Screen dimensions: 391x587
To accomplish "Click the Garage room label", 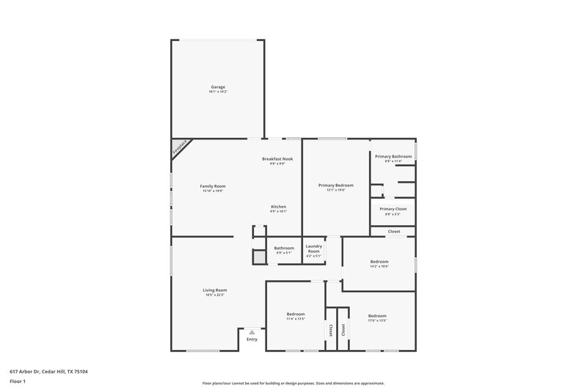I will point(218,87).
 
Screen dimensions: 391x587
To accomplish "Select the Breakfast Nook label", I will point(277,159).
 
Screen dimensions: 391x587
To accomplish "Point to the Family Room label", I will point(212,186).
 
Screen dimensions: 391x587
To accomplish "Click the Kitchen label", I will point(279,207).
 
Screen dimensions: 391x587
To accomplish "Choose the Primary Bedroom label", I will point(335,186).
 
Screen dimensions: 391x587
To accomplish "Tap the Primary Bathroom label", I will point(393,156).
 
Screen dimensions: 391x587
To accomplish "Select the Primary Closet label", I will point(393,209).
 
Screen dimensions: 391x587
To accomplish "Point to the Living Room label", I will point(215,290).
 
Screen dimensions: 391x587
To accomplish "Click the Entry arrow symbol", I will point(252,332).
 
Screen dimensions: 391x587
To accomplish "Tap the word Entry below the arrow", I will point(252,339).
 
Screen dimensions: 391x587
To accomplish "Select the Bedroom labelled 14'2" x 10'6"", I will point(379,262).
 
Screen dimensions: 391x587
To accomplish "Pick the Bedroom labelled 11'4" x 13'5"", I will point(296,315).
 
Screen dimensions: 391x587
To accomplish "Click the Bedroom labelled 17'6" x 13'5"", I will point(377,316).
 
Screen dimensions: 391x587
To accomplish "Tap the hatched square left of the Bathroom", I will point(258,257).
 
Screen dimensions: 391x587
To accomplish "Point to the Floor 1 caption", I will point(18,381).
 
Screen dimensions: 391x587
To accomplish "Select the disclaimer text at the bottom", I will point(293,383).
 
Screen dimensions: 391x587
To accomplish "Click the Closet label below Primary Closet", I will point(394,231).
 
